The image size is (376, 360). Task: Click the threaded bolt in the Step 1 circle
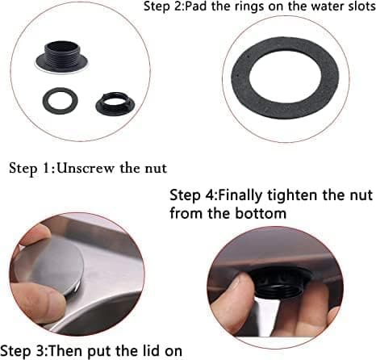pyautogui.click(x=62, y=57)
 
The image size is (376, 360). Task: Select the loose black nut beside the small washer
pyautogui.click(x=115, y=104)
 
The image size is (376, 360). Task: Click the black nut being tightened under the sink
pyautogui.click(x=282, y=280)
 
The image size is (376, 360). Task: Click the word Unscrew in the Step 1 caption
pyautogui.click(x=86, y=169)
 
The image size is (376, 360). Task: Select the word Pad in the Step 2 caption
pyautogui.click(x=197, y=6)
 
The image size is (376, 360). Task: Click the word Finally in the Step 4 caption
pyautogui.click(x=240, y=195)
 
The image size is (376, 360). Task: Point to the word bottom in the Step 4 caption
pyautogui.click(x=261, y=213)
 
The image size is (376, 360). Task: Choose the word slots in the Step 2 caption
pyautogui.click(x=361, y=6)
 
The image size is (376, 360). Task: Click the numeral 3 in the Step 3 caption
pyautogui.click(x=40, y=351)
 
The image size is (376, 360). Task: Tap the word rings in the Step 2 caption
pyautogui.click(x=252, y=7)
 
